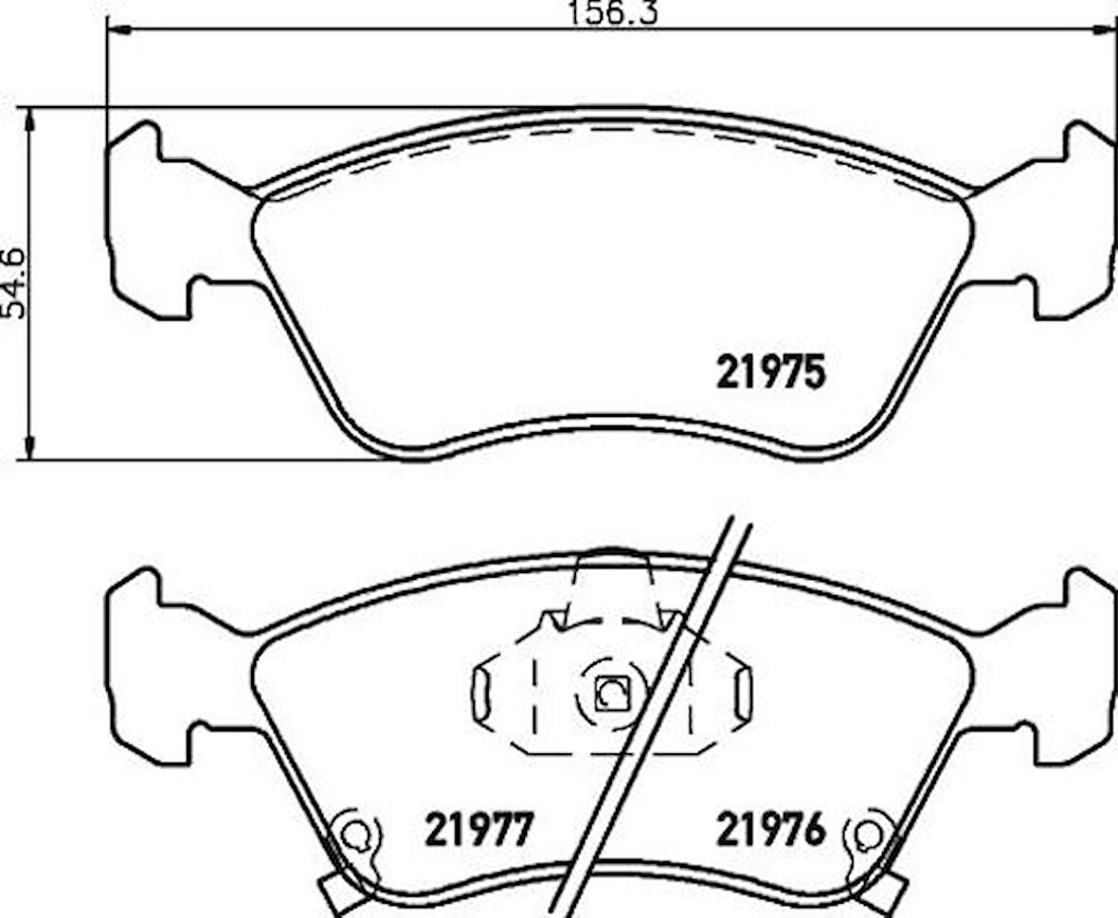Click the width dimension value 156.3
(x=612, y=12)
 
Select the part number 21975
(x=770, y=373)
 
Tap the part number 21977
(x=479, y=830)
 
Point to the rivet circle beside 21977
(x=354, y=835)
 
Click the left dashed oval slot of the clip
(x=480, y=696)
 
